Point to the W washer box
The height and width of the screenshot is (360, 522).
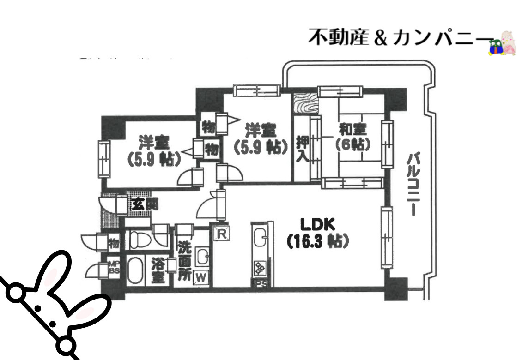click(x=201, y=277)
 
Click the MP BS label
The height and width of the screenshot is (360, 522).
click(x=114, y=268)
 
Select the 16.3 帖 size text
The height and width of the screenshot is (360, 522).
click(x=317, y=241)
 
